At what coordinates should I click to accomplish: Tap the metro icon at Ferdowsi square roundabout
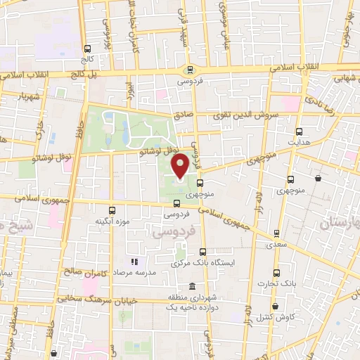coord(190,69)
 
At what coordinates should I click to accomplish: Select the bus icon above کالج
coord(87,49)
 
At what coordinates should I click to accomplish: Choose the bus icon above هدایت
coord(299,131)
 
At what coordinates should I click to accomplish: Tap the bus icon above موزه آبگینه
coord(112,210)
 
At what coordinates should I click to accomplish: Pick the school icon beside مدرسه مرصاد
coord(134,262)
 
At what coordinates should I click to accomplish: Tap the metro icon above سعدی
coord(276,233)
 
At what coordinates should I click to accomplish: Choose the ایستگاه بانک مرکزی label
coord(203,264)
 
